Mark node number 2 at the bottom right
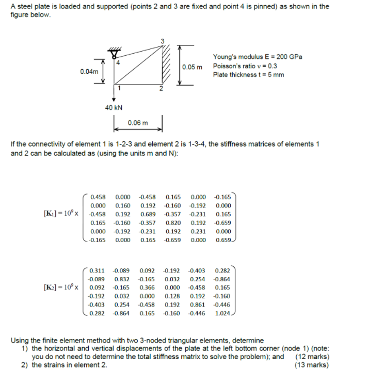coord(161,89)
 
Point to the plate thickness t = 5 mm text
coord(248,75)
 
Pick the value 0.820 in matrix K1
coord(173,223)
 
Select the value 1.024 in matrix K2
coord(223,313)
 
